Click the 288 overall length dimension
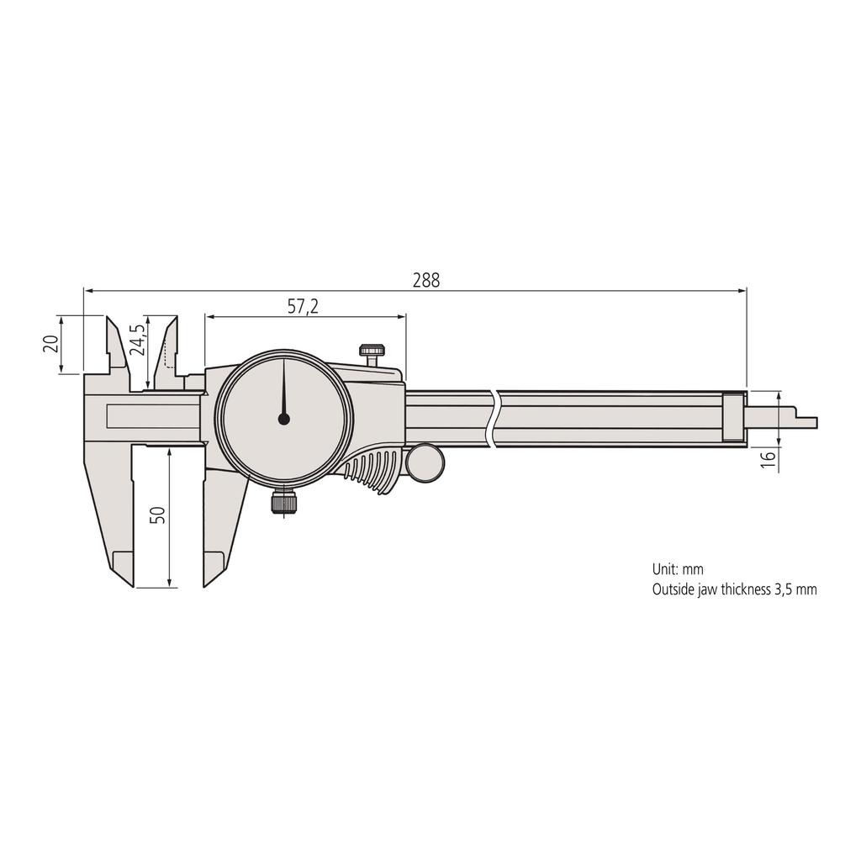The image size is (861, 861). coord(425,281)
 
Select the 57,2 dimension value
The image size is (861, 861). coord(303,307)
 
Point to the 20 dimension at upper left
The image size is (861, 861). coord(50,343)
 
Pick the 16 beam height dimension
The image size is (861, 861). coord(766,459)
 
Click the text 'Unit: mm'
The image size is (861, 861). coord(678,569)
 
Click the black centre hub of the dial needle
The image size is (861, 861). coord(283,418)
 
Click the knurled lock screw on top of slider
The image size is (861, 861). coord(372,351)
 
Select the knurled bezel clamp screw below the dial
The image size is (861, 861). coord(283,503)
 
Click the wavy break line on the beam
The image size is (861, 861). coord(494,418)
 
